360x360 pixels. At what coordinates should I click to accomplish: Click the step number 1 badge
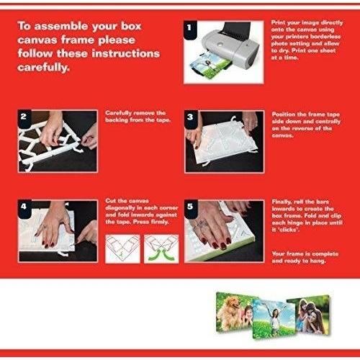[x=190, y=29]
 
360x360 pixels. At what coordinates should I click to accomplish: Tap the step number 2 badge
[x=24, y=117]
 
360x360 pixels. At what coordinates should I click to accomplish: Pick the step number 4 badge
[x=24, y=207]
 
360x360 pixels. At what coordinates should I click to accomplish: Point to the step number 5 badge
[x=191, y=207]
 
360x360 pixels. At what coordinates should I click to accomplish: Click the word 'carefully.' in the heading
[x=43, y=68]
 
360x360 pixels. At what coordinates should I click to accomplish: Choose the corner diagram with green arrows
[x=161, y=249]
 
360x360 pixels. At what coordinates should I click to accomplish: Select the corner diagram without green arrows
[x=122, y=249]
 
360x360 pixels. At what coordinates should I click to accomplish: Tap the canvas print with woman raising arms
[x=274, y=318]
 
